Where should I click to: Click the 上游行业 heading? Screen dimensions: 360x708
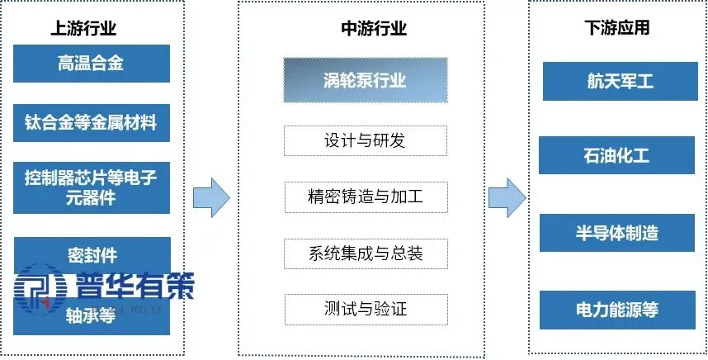83,28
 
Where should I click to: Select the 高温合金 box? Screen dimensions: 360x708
92,63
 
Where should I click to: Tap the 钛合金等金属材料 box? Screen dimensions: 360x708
92,124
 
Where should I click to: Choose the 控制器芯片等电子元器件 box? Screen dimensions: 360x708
92,187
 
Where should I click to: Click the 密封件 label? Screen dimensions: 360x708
92,253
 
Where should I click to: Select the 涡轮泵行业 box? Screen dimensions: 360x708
365,80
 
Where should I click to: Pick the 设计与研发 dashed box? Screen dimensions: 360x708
365,140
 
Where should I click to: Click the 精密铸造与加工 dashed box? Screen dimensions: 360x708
365,197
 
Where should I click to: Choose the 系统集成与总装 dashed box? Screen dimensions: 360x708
365,253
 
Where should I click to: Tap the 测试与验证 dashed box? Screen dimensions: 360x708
365,309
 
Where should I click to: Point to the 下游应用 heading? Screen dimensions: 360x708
616,28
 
